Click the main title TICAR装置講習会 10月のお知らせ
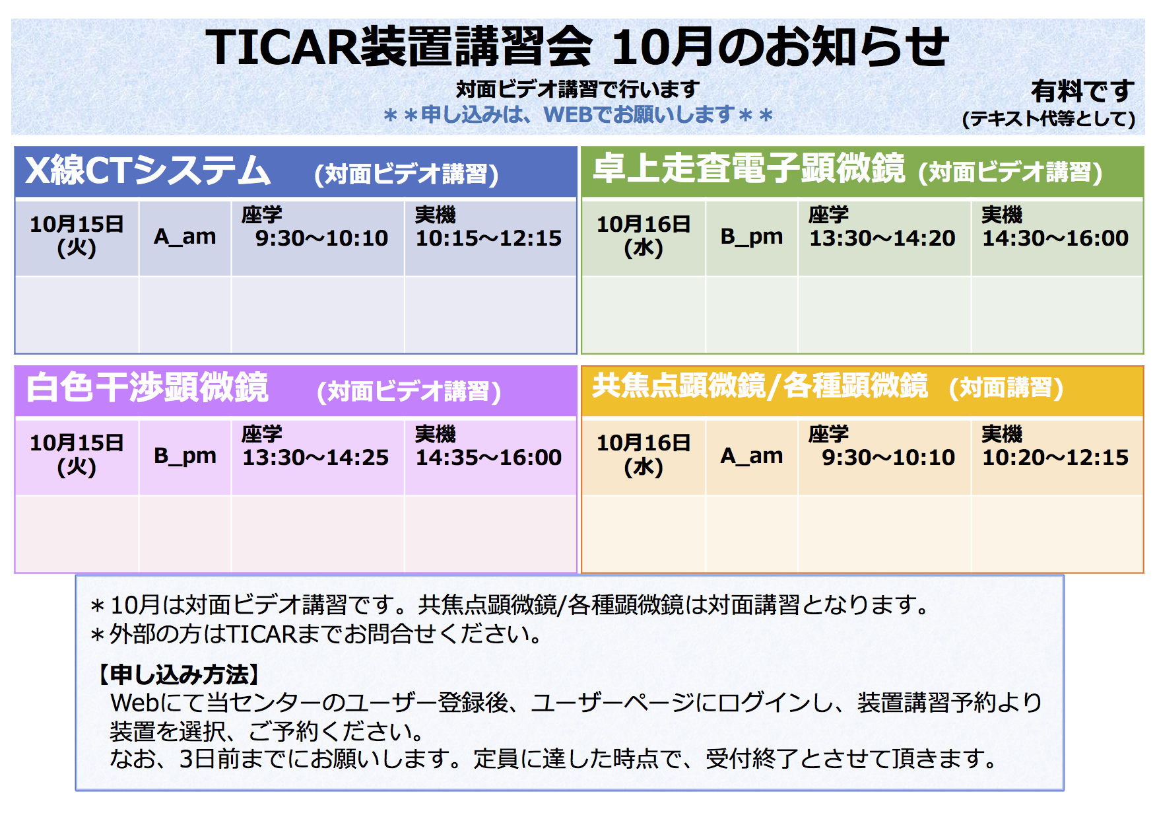577,47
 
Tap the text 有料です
1082,91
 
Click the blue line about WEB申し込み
578,115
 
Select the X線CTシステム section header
148,170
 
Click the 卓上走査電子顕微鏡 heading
748,168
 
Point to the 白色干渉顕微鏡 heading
147,387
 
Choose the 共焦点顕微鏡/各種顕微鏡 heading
760,386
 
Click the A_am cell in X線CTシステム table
185,236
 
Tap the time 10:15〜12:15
488,238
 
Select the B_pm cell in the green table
752,236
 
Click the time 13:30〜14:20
882,238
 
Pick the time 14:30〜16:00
1055,238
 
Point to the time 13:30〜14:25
315,457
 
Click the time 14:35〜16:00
488,457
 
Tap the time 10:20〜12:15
1055,457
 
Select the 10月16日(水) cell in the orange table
644,455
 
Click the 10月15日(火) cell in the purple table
77,455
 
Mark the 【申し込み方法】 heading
179,674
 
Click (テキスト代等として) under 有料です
1049,119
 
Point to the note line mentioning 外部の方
316,634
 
